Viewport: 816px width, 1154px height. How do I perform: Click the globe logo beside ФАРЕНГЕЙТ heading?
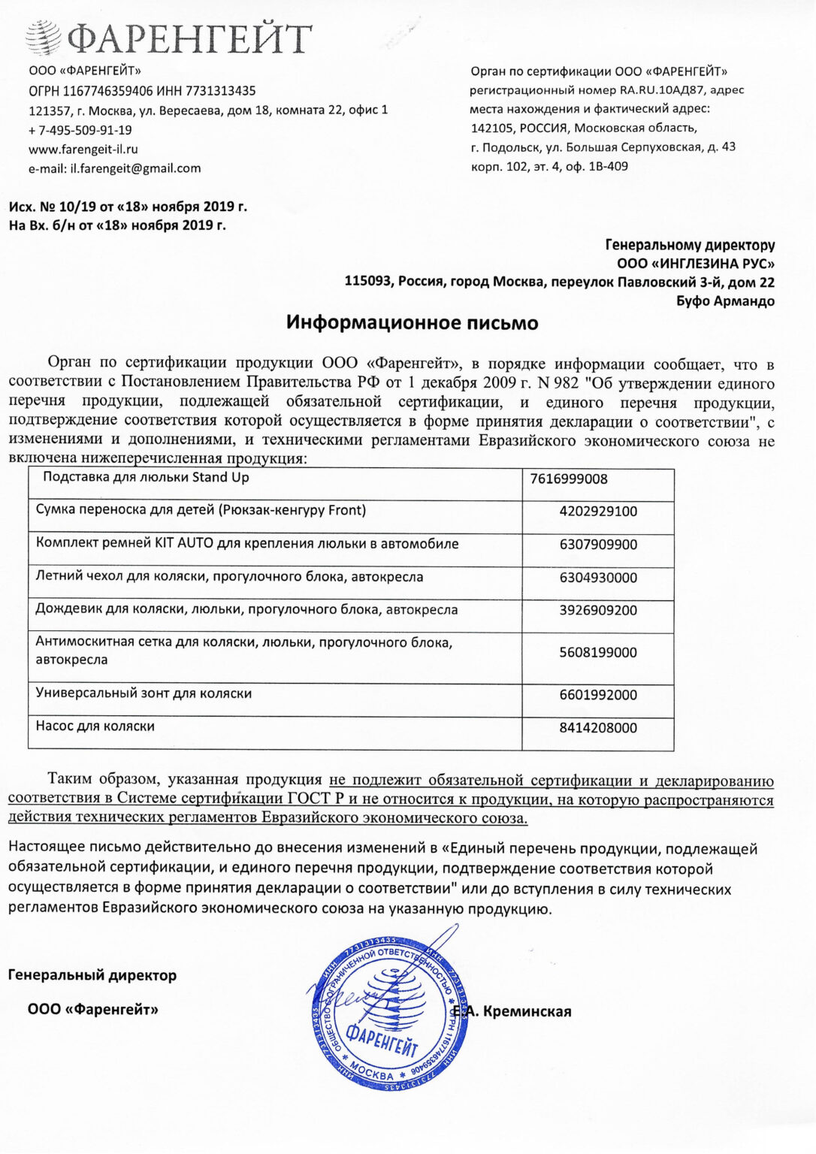point(44,37)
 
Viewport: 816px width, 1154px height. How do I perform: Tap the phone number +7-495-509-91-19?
point(80,130)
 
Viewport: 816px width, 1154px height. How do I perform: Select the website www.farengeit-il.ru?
point(83,150)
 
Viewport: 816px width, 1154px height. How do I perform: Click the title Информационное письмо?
point(412,324)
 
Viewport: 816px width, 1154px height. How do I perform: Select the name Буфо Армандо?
point(725,301)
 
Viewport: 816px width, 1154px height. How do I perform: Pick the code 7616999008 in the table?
point(568,479)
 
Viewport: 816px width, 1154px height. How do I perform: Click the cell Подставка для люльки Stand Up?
point(146,477)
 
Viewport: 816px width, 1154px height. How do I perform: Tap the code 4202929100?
point(598,512)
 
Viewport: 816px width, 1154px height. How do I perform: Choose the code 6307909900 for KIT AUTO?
point(598,545)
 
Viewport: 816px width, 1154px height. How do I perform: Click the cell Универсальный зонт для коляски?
point(144,693)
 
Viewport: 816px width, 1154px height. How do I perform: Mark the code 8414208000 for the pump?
point(598,728)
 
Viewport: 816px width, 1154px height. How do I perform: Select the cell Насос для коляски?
point(95,727)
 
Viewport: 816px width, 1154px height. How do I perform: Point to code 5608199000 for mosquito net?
point(598,653)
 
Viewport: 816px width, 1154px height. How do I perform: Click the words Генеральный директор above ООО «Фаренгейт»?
point(92,976)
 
